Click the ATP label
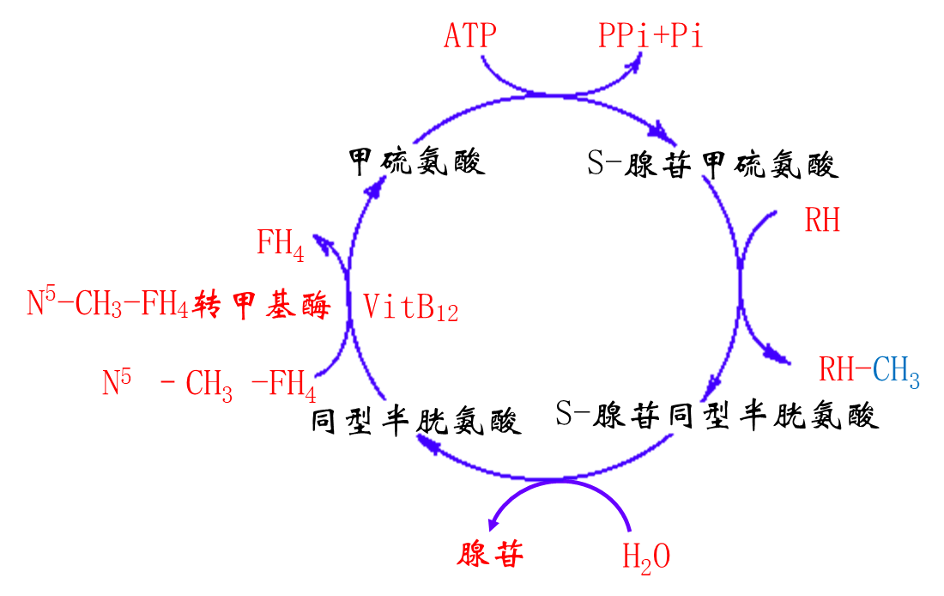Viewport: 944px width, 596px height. pyautogui.click(x=469, y=37)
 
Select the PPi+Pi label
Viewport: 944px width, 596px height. pyautogui.click(x=651, y=37)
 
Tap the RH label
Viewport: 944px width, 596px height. pyautogui.click(x=822, y=221)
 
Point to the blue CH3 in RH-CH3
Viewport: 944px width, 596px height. pyautogui.click(x=896, y=372)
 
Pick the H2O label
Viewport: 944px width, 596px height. pyautogui.click(x=645, y=557)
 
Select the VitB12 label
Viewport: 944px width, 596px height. pyautogui.click(x=411, y=307)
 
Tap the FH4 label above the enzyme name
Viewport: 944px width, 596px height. pyautogui.click(x=280, y=244)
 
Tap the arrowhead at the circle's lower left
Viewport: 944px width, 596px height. pyautogui.click(x=426, y=443)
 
